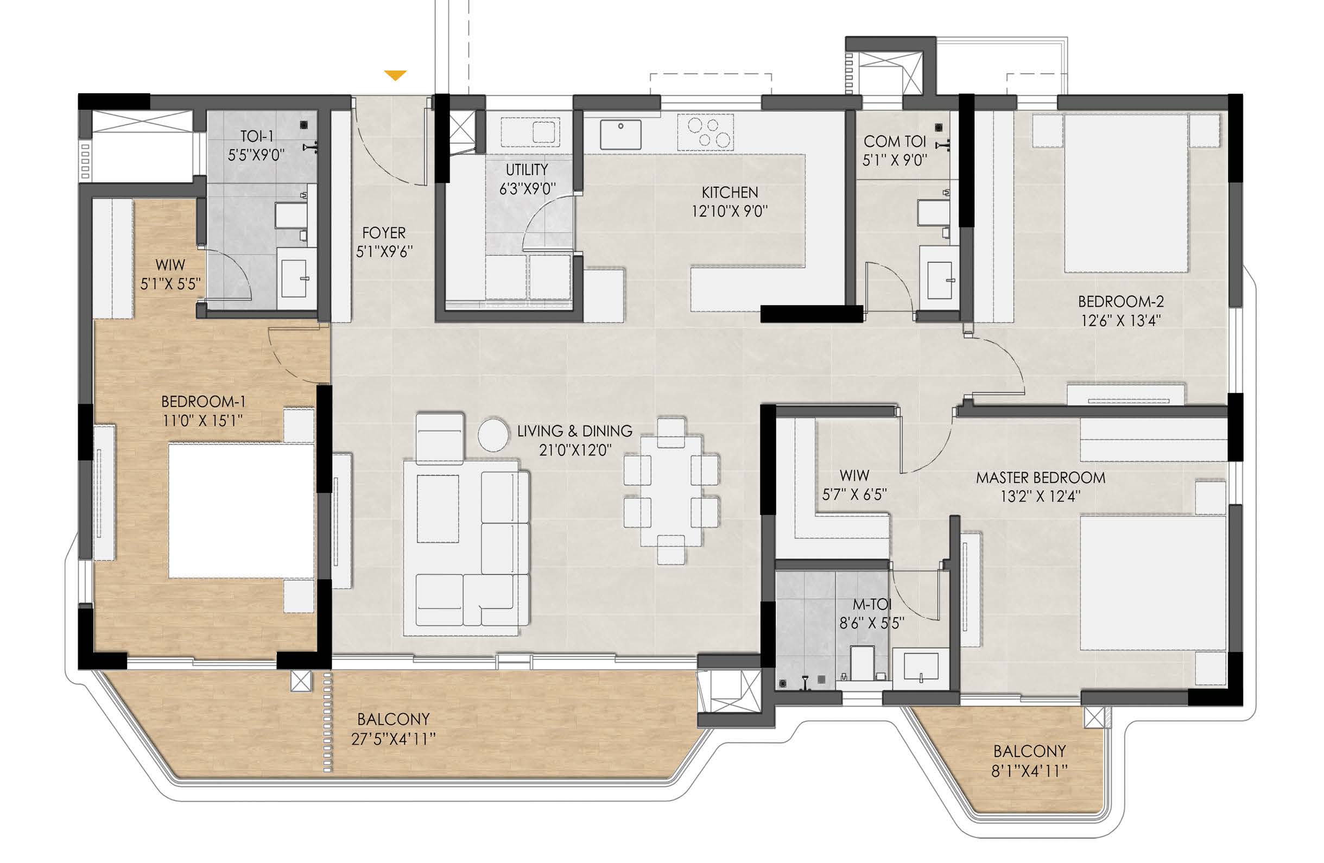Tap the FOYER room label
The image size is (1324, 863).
pyautogui.click(x=384, y=232)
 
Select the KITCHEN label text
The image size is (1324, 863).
pyautogui.click(x=730, y=192)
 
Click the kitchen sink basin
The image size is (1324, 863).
pyautogui.click(x=620, y=134)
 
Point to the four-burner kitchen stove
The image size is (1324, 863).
pyautogui.click(x=705, y=132)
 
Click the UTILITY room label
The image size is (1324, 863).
pyautogui.click(x=527, y=169)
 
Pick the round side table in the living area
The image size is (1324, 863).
pyautogui.click(x=493, y=434)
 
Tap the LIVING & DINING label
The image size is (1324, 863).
pyautogui.click(x=575, y=431)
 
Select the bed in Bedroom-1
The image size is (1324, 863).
pyautogui.click(x=242, y=510)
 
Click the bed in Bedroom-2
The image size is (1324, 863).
pyautogui.click(x=1127, y=193)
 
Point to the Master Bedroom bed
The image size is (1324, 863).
pyautogui.click(x=1153, y=583)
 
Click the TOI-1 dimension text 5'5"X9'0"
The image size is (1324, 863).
pyautogui.click(x=256, y=155)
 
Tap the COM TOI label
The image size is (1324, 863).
pyautogui.click(x=895, y=142)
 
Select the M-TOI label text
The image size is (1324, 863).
pyautogui.click(x=872, y=604)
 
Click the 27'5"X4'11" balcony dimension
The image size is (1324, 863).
pyautogui.click(x=394, y=739)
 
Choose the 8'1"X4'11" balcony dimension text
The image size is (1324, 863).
pyautogui.click(x=1029, y=771)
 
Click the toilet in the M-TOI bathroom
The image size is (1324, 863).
pyautogui.click(x=861, y=663)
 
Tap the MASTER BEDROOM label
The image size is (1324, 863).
pyautogui.click(x=1040, y=478)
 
